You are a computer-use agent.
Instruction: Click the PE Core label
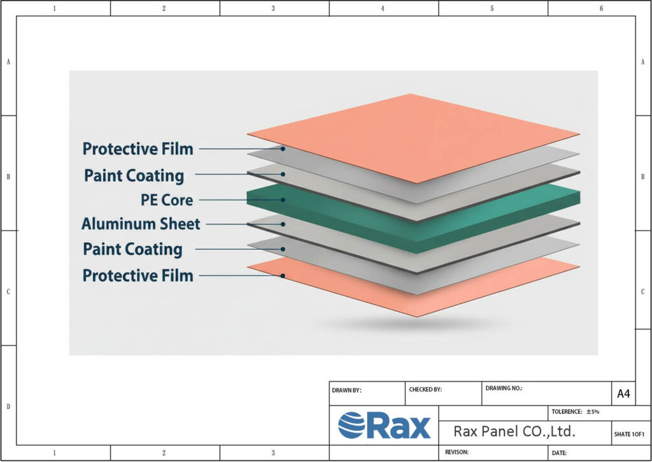(166, 199)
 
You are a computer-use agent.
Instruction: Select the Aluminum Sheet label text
(141, 224)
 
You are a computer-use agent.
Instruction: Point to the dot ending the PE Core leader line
(283, 199)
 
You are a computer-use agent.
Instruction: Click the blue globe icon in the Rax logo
(351, 425)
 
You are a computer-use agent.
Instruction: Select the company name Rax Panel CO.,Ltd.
(514, 431)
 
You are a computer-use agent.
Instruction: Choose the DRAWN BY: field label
(346, 390)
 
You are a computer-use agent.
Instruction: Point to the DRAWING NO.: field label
(504, 387)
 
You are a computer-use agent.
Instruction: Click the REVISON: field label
(457, 452)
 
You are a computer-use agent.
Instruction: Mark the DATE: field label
(559, 453)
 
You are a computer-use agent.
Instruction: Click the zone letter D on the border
(8, 406)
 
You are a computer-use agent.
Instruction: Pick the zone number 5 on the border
(492, 8)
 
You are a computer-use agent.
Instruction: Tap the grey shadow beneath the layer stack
(414, 325)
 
